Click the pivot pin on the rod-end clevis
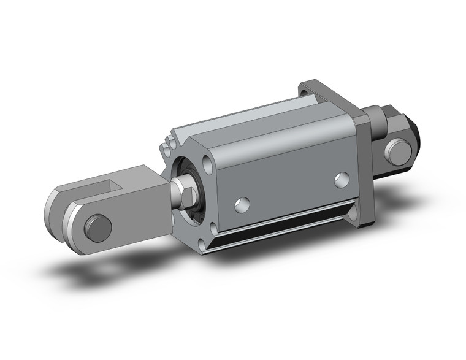pos(98,228)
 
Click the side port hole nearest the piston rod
pos(242,205)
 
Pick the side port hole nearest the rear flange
pos(342,180)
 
